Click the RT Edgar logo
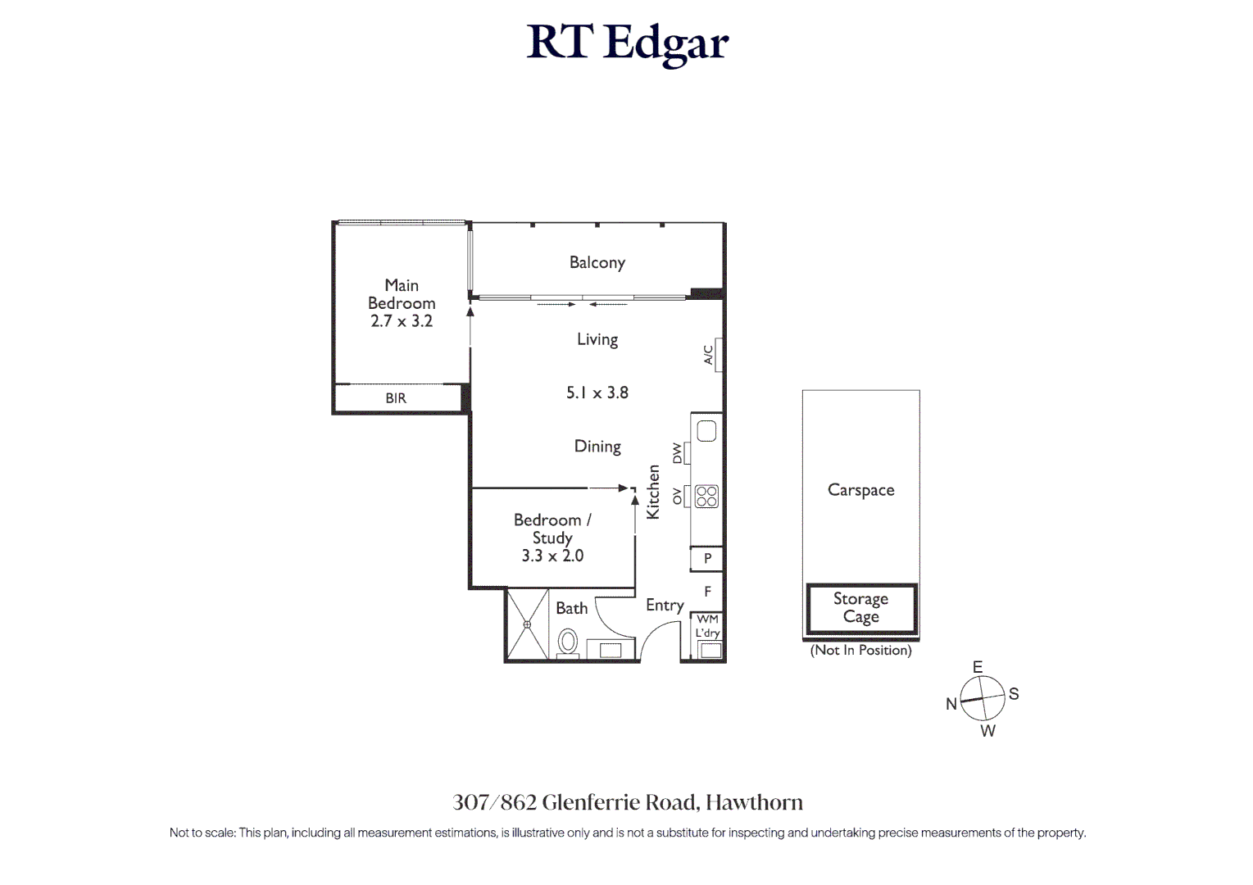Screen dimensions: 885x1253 click(x=627, y=43)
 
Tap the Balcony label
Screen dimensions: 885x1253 click(x=597, y=263)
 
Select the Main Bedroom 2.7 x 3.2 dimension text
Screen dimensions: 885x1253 click(x=402, y=321)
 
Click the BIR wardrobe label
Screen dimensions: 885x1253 click(x=396, y=398)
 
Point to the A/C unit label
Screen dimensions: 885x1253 click(x=709, y=354)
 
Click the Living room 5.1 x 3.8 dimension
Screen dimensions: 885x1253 click(x=597, y=393)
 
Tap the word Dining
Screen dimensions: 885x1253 click(x=597, y=447)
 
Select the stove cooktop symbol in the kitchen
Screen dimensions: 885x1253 click(x=706, y=496)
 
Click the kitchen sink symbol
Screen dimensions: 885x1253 click(x=706, y=431)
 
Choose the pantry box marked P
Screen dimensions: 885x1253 click(x=707, y=559)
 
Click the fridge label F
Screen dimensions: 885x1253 click(x=707, y=591)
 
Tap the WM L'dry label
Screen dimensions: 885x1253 click(x=707, y=626)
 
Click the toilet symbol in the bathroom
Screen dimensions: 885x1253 click(x=567, y=641)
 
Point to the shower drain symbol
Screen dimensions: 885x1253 click(x=527, y=624)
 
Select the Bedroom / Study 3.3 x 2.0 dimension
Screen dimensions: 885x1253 click(x=552, y=556)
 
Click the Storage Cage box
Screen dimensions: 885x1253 click(x=860, y=608)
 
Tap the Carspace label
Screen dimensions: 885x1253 click(x=860, y=490)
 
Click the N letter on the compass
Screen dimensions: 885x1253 click(x=951, y=704)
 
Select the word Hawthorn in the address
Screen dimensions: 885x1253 click(x=754, y=802)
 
